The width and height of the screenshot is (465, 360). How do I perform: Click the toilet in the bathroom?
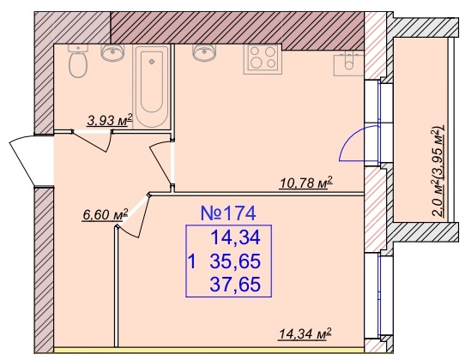(x=78, y=61)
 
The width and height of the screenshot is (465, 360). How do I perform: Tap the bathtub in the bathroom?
(x=152, y=87)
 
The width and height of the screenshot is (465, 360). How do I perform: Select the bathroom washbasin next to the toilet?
(x=112, y=53)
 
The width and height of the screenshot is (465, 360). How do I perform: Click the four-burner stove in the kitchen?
(x=261, y=59)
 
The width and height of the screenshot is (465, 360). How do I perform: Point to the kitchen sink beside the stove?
(x=203, y=52)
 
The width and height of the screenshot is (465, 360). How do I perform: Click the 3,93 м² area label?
(x=110, y=120)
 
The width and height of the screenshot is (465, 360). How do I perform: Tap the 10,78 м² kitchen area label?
(x=305, y=183)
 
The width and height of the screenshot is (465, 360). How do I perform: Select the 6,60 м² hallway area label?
(x=106, y=214)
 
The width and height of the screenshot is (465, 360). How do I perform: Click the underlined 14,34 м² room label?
(x=305, y=334)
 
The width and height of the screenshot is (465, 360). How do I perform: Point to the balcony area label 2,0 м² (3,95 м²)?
(x=439, y=171)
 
